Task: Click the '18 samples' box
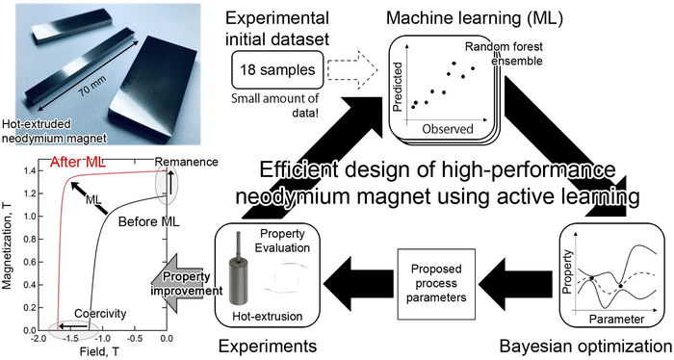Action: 277,69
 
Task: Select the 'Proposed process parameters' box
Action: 436,283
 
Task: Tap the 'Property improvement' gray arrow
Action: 186,284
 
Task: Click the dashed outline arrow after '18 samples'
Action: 352,69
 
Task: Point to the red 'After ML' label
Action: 78,162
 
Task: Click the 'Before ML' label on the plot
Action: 148,221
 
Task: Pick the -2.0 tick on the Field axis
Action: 38,338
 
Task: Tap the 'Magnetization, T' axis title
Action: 8,248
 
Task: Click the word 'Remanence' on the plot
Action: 187,162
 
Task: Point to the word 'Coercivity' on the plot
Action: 100,313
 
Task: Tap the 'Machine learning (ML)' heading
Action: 475,18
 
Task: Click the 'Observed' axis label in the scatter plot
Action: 448,128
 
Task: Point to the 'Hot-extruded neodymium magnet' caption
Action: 55,131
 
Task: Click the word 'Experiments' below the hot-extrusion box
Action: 268,346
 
